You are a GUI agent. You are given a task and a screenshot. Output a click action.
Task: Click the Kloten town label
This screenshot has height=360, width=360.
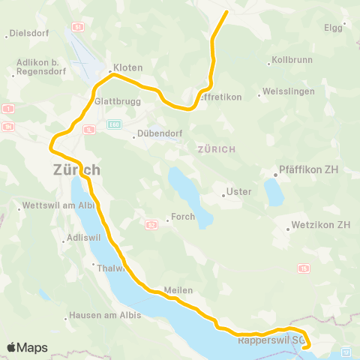[129, 67]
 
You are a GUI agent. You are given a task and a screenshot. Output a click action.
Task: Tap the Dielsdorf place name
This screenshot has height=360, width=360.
[28, 34]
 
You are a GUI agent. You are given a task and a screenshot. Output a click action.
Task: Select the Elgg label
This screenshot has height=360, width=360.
[332, 28]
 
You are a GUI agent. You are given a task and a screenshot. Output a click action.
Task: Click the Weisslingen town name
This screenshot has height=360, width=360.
[284, 94]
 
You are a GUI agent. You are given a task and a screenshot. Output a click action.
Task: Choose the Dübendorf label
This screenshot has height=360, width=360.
[157, 136]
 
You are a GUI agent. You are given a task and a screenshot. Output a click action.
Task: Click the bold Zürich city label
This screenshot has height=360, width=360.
[76, 170]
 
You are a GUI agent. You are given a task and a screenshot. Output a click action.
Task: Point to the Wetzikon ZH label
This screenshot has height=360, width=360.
[321, 224]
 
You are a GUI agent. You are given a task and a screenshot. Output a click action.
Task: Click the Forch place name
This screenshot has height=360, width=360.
[183, 217]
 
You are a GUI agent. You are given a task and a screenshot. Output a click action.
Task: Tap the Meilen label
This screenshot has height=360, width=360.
[180, 290]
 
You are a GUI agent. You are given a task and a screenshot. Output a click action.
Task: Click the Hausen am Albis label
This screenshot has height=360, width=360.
[104, 315]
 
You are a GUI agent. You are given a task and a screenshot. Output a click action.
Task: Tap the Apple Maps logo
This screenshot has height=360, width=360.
[27, 347]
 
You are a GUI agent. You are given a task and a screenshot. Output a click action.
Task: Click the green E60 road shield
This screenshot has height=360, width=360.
[113, 124]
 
